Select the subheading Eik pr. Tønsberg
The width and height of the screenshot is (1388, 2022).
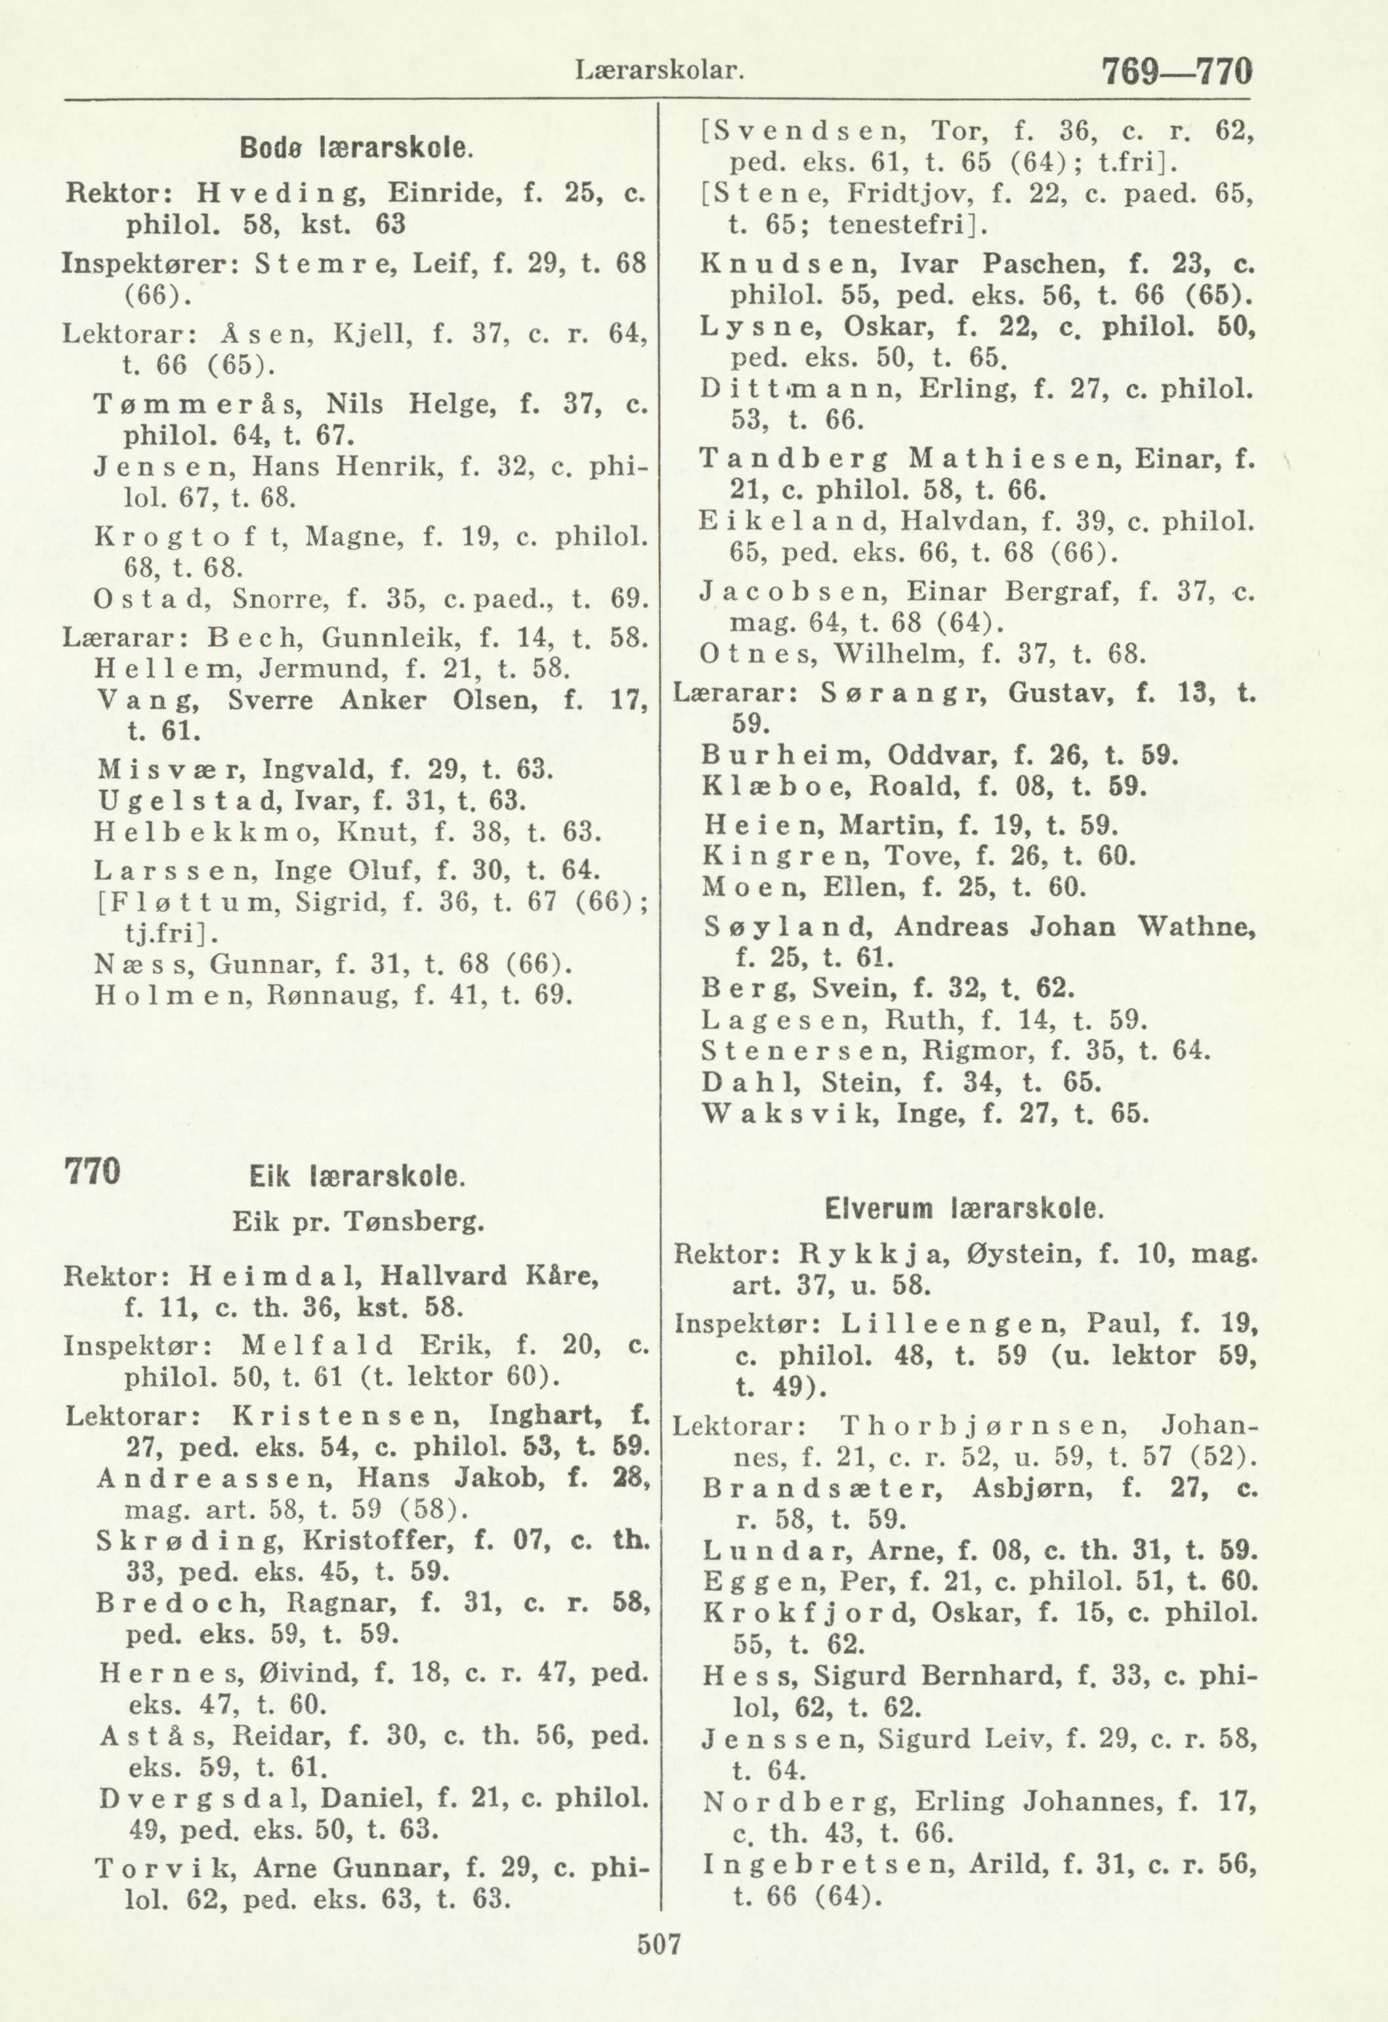(x=358, y=1224)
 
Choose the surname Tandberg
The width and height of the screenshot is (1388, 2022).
(x=795, y=459)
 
